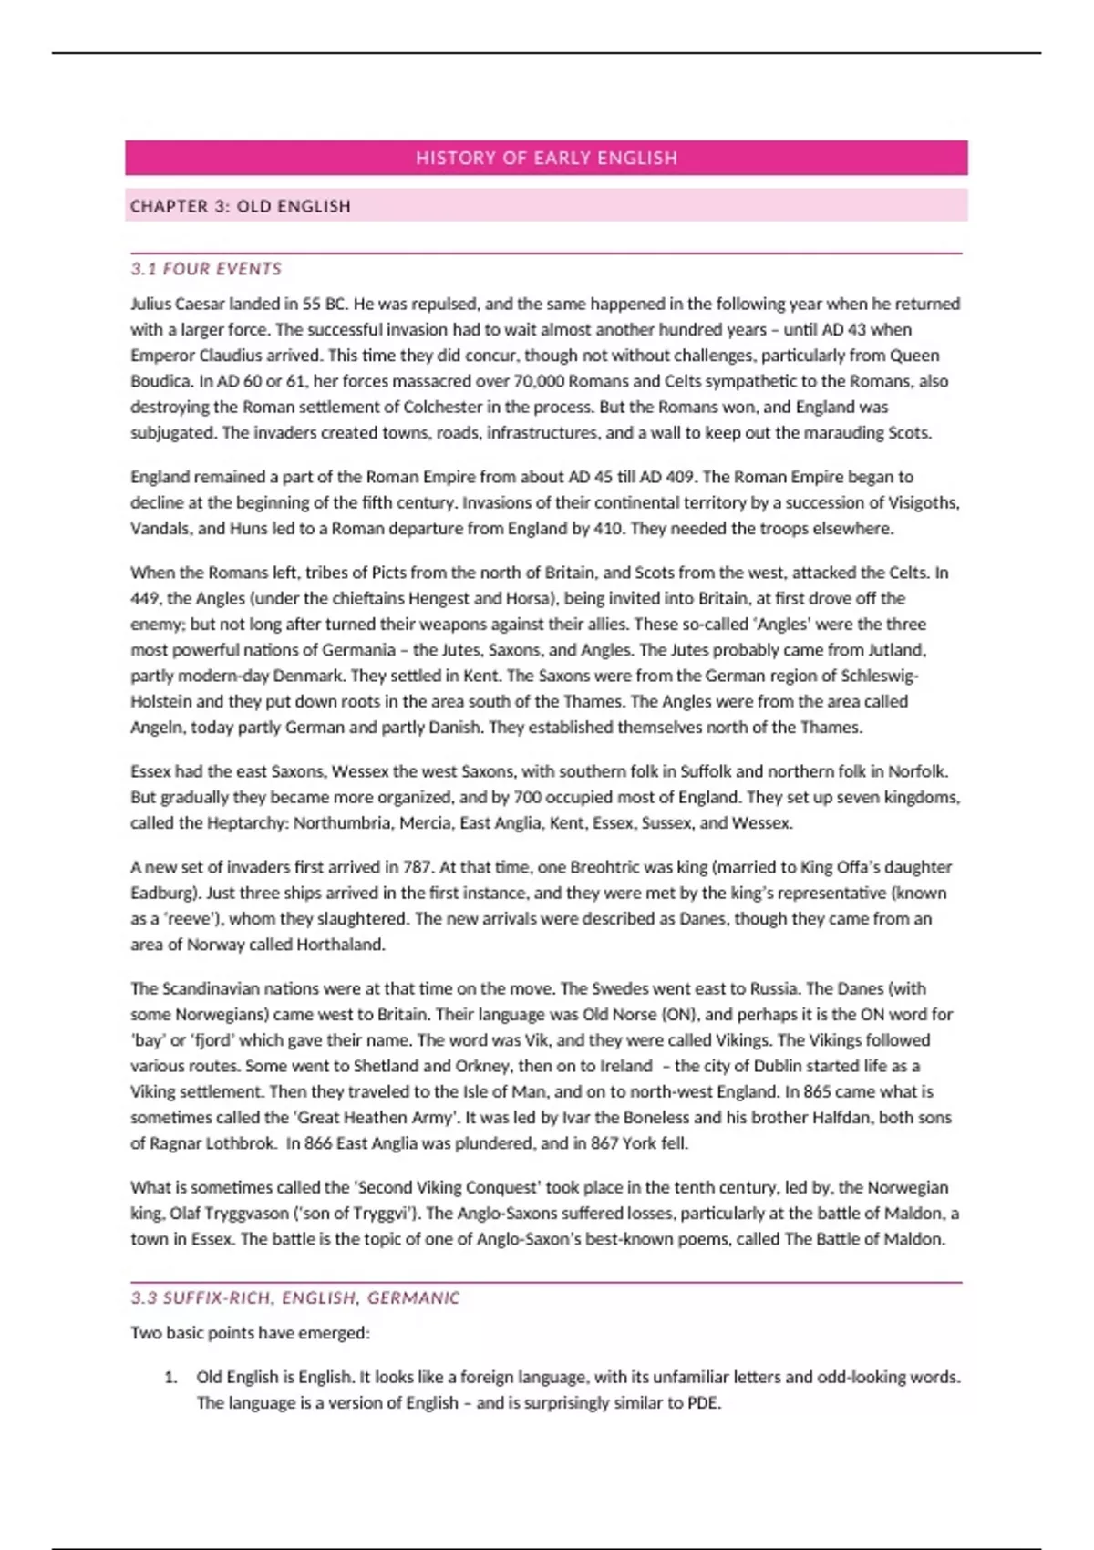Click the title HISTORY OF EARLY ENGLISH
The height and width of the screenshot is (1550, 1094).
[x=546, y=158]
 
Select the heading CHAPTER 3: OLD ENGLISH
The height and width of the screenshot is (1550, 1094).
[x=240, y=206]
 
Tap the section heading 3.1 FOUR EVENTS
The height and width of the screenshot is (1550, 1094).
[x=206, y=269]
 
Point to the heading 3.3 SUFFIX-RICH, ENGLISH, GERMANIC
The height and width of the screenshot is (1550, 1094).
[x=295, y=1297]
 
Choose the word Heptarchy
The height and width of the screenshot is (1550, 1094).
[x=245, y=822]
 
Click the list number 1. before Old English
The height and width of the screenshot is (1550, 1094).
[x=170, y=1377]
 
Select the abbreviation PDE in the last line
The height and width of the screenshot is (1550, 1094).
[x=703, y=1402]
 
